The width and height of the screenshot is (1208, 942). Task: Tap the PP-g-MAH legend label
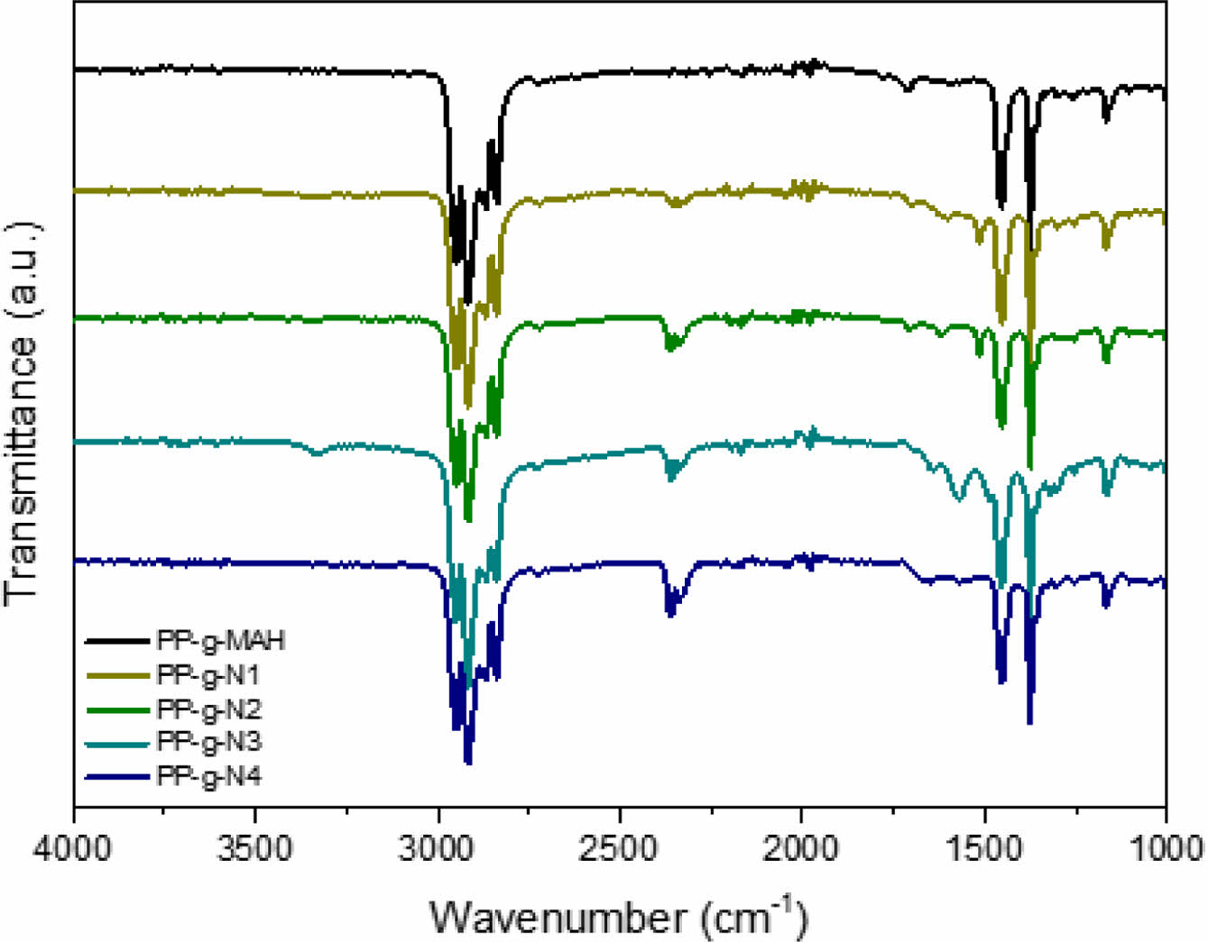tap(221, 641)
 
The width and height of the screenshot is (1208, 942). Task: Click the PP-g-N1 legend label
tap(208, 674)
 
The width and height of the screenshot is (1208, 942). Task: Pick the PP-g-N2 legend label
tap(208, 709)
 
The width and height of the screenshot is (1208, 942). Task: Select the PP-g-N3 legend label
tap(208, 742)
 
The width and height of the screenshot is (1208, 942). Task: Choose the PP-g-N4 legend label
tap(208, 776)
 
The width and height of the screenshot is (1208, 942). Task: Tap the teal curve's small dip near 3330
tap(317, 453)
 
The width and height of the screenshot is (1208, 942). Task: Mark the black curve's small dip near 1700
tap(908, 87)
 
